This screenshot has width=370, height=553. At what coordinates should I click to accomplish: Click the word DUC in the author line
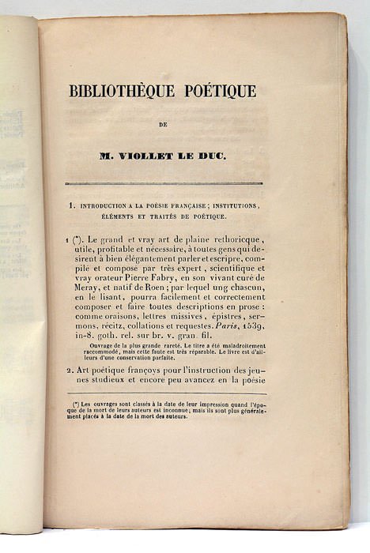point(211,156)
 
